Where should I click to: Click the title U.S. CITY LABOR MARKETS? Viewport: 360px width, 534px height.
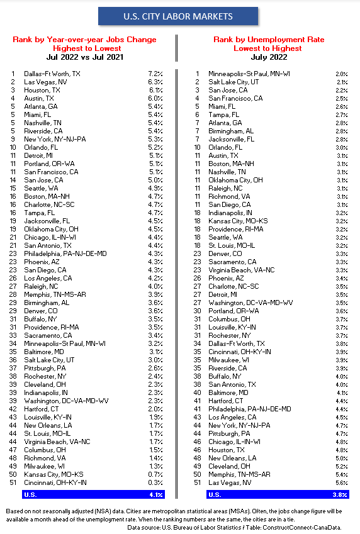point(178,16)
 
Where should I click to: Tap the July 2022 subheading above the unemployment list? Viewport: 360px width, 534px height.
point(268,57)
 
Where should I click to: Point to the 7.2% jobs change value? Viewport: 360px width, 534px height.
point(155,74)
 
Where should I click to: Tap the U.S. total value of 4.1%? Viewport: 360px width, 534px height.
point(156,494)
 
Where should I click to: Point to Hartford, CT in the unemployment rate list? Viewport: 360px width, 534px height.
point(226,401)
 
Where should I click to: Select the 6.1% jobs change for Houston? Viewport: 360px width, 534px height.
point(155,90)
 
